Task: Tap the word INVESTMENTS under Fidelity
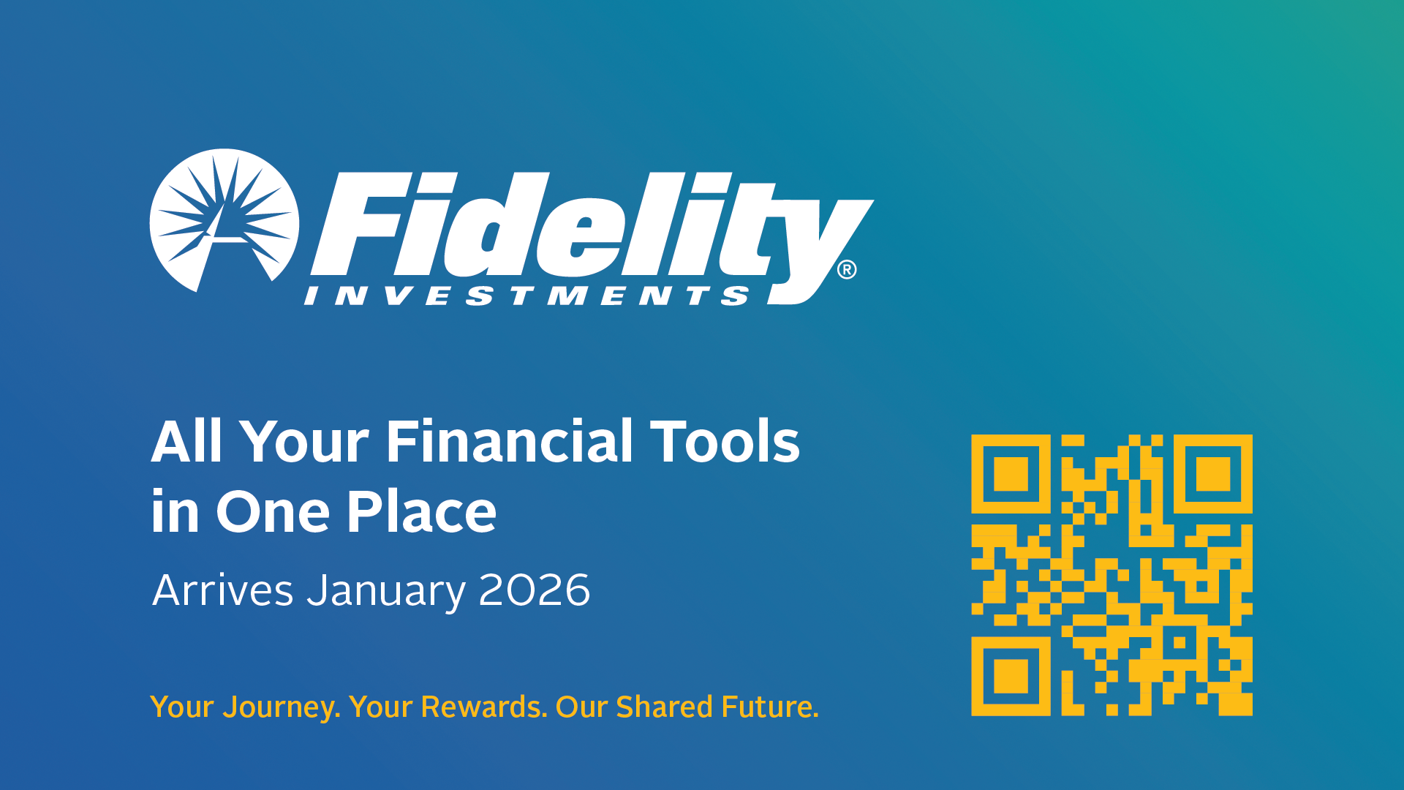click(527, 296)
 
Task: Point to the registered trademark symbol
click(847, 270)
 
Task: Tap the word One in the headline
click(273, 511)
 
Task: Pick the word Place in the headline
click(421, 511)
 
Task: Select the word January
click(386, 591)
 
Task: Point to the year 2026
click(535, 590)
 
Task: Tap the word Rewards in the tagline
click(483, 707)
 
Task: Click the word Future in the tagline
click(769, 707)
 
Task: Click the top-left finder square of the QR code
click(1011, 474)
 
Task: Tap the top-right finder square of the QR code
click(1213, 474)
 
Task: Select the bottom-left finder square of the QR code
click(1011, 676)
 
